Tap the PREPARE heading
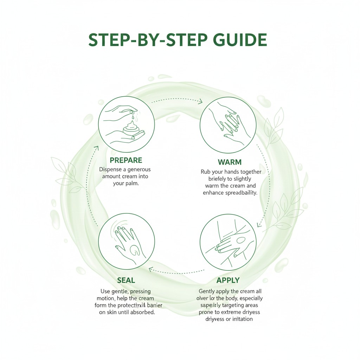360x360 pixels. [x=126, y=160]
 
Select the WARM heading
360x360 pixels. [x=229, y=162]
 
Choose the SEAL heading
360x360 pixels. [x=126, y=280]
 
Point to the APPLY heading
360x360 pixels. [x=228, y=280]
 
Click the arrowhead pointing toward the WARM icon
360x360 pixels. [x=200, y=102]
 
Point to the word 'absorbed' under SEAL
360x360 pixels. [x=142, y=312]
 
